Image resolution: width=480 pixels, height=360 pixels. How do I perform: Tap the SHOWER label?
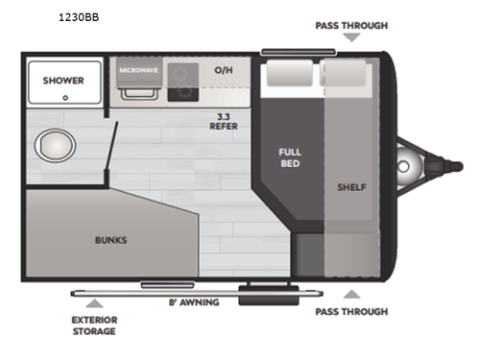pos(63,80)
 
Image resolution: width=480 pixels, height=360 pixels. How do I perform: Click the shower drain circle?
pos(64,97)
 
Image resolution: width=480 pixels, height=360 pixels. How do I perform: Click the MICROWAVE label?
pos(139,71)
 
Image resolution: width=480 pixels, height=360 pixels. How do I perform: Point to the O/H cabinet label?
pos(223,71)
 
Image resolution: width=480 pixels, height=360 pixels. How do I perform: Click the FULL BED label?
pos(290,157)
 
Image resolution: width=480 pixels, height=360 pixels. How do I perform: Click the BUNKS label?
pos(110,239)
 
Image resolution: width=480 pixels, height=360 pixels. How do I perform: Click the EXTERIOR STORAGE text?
pos(94,325)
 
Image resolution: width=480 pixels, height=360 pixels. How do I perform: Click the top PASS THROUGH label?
pos(351,23)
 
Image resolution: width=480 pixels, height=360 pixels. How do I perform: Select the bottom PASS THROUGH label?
pos(351,311)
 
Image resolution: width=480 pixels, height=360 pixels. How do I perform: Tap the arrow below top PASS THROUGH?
pos(352,37)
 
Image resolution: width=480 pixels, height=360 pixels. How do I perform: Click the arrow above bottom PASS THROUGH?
pos(352,295)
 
